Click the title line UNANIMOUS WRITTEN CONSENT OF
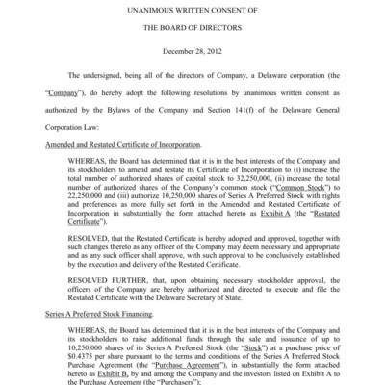coord(192,9)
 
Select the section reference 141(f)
coord(229,122)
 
